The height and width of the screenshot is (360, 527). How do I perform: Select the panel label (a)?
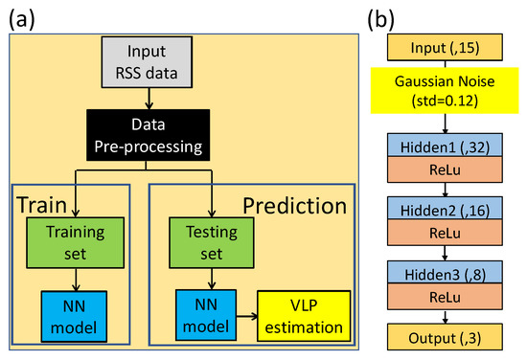[24, 16]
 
